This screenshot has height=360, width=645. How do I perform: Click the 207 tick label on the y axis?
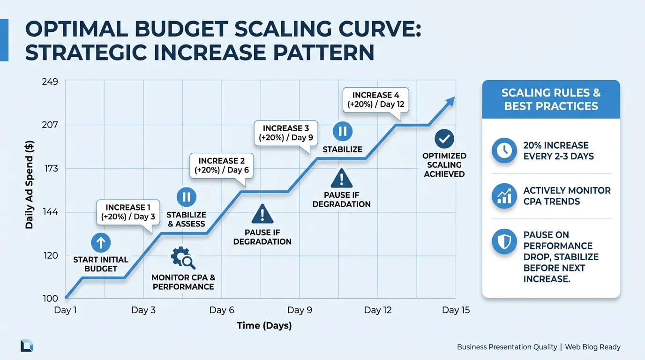point(50,125)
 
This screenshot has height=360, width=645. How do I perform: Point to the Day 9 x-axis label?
point(300,310)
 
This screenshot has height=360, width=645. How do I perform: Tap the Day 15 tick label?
point(456,310)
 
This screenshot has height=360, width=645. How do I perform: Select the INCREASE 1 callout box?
point(127,212)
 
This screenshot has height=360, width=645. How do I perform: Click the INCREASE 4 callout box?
point(375,100)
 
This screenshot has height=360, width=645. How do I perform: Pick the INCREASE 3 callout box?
point(285,133)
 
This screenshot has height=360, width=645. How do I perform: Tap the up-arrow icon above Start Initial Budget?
point(101,243)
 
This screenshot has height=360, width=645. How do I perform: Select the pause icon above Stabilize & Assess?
point(186,197)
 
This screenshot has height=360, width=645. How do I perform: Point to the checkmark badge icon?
point(444,139)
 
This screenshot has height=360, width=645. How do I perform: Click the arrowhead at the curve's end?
point(450,100)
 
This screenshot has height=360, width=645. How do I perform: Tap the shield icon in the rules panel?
point(504,242)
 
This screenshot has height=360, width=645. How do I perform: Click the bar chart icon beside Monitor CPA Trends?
point(504,196)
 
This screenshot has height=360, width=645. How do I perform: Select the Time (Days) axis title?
point(264,326)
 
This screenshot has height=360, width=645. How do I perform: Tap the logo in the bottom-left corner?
point(27,346)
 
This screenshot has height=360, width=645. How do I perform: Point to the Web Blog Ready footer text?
point(592,347)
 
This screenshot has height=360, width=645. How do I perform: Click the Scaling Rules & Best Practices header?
point(551,99)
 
